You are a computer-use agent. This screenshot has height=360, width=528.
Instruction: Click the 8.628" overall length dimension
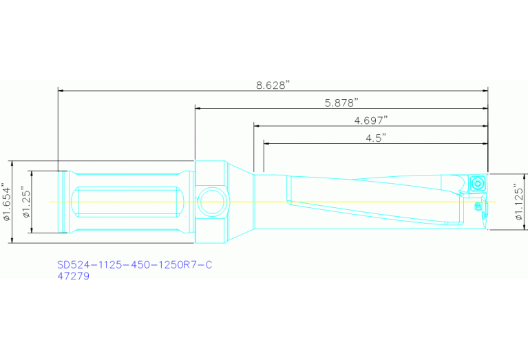tap(273, 85)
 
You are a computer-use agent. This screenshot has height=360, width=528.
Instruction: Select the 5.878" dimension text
tap(341, 103)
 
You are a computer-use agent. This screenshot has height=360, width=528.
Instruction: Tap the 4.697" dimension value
tap(371, 120)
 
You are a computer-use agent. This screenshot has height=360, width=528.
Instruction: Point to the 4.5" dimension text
tap(375, 138)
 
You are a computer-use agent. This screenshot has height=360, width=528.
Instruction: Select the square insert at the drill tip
tap(476, 183)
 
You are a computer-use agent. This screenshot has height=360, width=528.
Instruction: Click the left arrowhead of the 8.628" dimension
tap(61, 90)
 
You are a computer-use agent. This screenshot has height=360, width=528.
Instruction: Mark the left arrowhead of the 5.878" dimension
tap(198, 108)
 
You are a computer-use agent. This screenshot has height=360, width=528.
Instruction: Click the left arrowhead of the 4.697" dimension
tap(257, 125)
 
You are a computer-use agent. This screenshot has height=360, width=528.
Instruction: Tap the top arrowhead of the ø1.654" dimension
tap(12, 164)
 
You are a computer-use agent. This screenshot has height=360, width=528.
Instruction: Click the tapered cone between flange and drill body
tap(241, 202)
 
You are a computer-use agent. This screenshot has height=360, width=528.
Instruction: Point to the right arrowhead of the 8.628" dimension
tap(485, 90)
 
